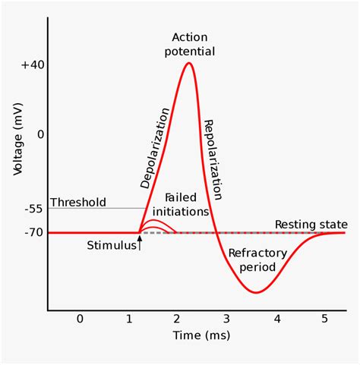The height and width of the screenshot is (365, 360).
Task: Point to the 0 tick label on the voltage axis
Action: pyautogui.click(x=40, y=134)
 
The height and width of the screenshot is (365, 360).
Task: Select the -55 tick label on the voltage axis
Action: pyautogui.click(x=33, y=208)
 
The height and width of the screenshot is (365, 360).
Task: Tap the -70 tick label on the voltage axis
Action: pyautogui.click(x=33, y=232)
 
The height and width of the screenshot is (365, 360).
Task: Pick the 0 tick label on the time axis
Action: pyautogui.click(x=80, y=319)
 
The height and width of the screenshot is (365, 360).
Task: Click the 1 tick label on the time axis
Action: pyautogui.click(x=129, y=319)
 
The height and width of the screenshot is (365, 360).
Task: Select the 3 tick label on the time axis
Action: pyautogui.click(x=227, y=319)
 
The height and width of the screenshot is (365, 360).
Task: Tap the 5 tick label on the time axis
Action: pyautogui.click(x=325, y=319)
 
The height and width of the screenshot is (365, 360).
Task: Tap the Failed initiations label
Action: pyautogui.click(x=181, y=203)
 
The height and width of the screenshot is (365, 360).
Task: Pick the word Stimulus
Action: pyautogui.click(x=110, y=246)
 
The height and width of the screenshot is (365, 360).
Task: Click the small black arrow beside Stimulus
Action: pyautogui.click(x=139, y=244)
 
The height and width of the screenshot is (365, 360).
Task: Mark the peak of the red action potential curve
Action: pyautogui.click(x=188, y=63)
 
